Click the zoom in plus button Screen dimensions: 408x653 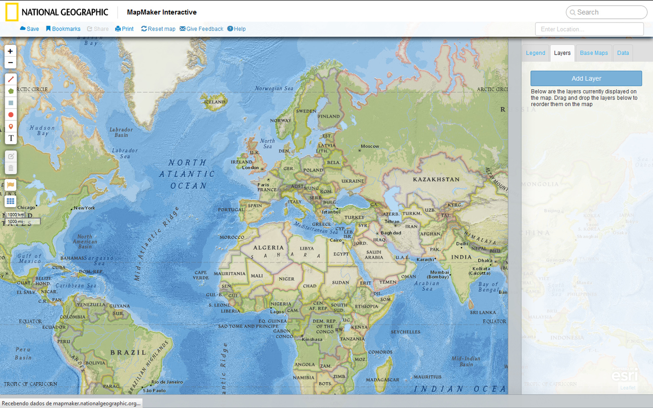[10, 51]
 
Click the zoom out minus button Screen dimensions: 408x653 [10, 63]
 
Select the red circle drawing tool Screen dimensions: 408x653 [11, 115]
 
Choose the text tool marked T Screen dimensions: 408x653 [11, 138]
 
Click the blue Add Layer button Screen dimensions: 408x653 [586, 78]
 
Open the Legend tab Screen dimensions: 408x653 [535, 53]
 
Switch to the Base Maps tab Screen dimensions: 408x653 [594, 53]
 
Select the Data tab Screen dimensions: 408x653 [623, 53]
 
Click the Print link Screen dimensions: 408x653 [124, 29]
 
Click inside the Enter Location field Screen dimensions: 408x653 [589, 29]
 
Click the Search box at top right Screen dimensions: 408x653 [606, 12]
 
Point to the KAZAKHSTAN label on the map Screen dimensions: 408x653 [436, 180]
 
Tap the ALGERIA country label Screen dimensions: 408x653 [268, 248]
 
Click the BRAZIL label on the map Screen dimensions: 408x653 [128, 353]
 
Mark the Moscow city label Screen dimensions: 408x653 [370, 146]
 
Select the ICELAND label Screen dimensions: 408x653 [215, 102]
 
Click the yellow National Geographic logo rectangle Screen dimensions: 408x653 [12, 12]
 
